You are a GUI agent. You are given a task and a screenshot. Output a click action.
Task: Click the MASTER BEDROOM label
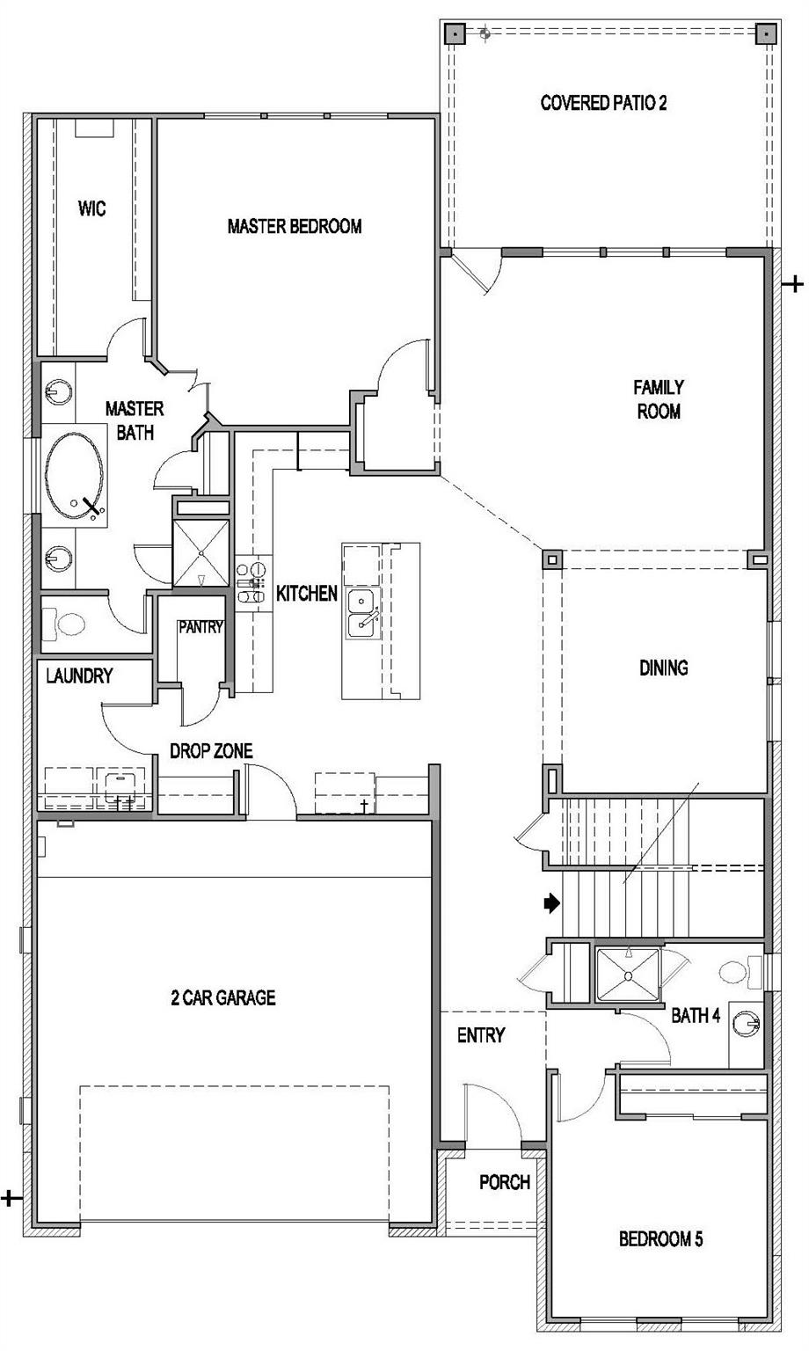(x=295, y=226)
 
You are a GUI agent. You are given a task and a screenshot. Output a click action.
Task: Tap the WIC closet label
(x=91, y=208)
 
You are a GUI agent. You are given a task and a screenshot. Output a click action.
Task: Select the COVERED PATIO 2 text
(x=603, y=103)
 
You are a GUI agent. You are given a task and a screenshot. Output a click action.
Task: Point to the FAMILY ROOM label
(x=659, y=399)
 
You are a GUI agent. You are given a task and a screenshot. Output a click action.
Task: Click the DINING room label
(x=664, y=668)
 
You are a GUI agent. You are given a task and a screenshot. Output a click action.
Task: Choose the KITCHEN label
(x=306, y=594)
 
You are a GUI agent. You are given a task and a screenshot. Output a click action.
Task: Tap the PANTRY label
(x=200, y=627)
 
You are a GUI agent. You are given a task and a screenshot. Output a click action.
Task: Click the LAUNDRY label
(x=79, y=675)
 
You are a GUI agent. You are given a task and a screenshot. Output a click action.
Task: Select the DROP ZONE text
(x=211, y=751)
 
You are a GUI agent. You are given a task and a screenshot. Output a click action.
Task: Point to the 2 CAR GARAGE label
(x=223, y=997)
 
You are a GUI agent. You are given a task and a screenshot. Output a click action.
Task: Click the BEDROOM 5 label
(x=660, y=1238)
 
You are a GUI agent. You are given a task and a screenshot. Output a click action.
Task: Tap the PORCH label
(x=505, y=1182)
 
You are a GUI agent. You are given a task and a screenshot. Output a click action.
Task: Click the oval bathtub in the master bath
(x=75, y=475)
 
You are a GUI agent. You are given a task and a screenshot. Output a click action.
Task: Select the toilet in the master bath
(x=63, y=624)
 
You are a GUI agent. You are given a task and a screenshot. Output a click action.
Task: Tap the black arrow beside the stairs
(x=552, y=903)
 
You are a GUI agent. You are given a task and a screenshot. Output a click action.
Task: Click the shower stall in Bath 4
(x=628, y=975)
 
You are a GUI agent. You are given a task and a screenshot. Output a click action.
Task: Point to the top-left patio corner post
(x=454, y=33)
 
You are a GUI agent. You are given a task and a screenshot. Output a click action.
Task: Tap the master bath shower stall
(x=201, y=552)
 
